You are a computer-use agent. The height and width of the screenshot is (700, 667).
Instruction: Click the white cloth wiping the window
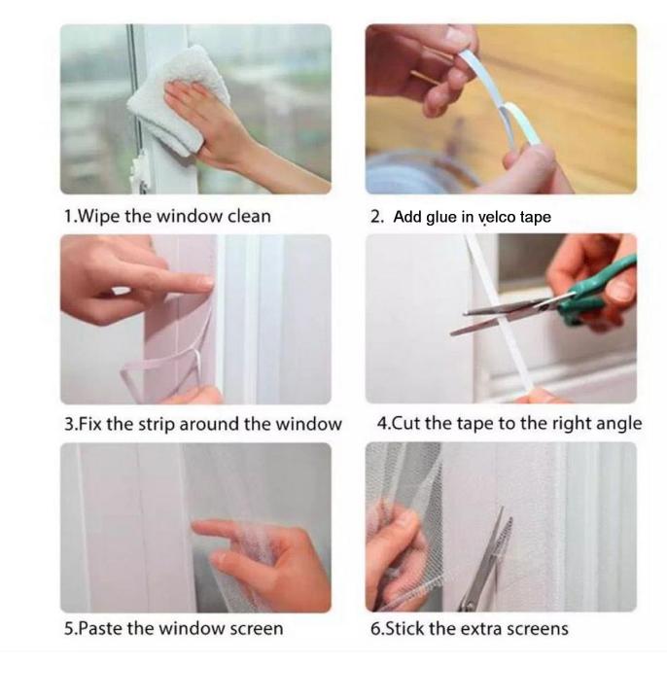179,100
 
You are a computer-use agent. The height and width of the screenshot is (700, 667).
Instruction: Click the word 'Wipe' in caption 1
99,217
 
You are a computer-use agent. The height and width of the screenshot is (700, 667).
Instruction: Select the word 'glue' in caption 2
441,218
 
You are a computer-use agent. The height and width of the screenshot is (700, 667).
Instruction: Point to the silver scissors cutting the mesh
485,560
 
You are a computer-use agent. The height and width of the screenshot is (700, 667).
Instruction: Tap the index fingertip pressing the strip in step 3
206,282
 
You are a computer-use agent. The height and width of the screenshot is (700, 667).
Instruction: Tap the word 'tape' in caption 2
536,218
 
